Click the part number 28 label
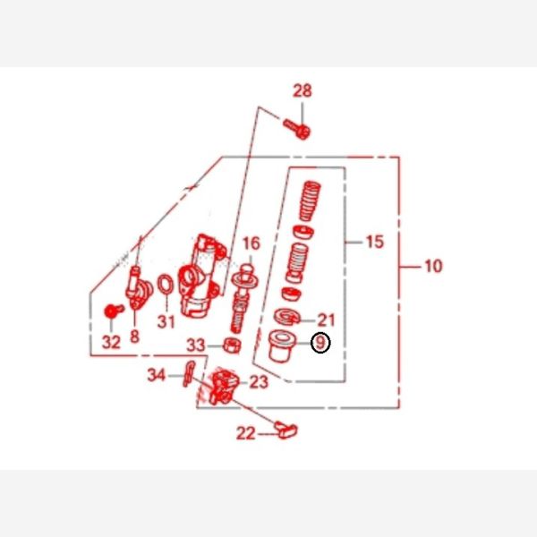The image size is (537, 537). pyautogui.click(x=303, y=90)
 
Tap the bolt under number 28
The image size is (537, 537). pyautogui.click(x=297, y=129)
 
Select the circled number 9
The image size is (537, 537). pyautogui.click(x=320, y=343)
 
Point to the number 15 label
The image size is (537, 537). pyautogui.click(x=375, y=242)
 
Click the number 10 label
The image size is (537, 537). pyautogui.click(x=433, y=266)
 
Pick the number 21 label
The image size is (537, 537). pyautogui.click(x=326, y=320)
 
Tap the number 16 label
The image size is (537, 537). pyautogui.click(x=251, y=243)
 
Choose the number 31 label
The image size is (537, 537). pyautogui.click(x=166, y=321)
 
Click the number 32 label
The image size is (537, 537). pyautogui.click(x=111, y=342)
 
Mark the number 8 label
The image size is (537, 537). pyautogui.click(x=134, y=337)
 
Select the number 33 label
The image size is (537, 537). pyautogui.click(x=195, y=345)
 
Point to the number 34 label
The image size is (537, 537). pyautogui.click(x=157, y=375)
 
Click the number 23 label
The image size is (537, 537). pyautogui.click(x=259, y=382)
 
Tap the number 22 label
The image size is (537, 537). pyautogui.click(x=246, y=433)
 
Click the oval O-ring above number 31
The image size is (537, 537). pyautogui.click(x=166, y=284)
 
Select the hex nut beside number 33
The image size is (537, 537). pyautogui.click(x=232, y=345)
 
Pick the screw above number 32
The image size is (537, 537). pyautogui.click(x=114, y=311)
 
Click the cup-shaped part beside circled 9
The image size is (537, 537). pyautogui.click(x=281, y=345)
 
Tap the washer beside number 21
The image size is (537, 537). pyautogui.click(x=287, y=317)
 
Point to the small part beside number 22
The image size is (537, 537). pyautogui.click(x=286, y=430)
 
